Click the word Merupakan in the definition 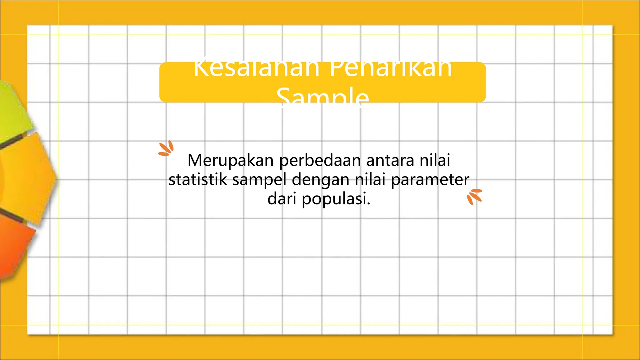230,161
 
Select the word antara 390,160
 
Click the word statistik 198,180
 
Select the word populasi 336,199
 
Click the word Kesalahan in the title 256,69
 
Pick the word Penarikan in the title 391,69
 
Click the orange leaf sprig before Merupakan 166,148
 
